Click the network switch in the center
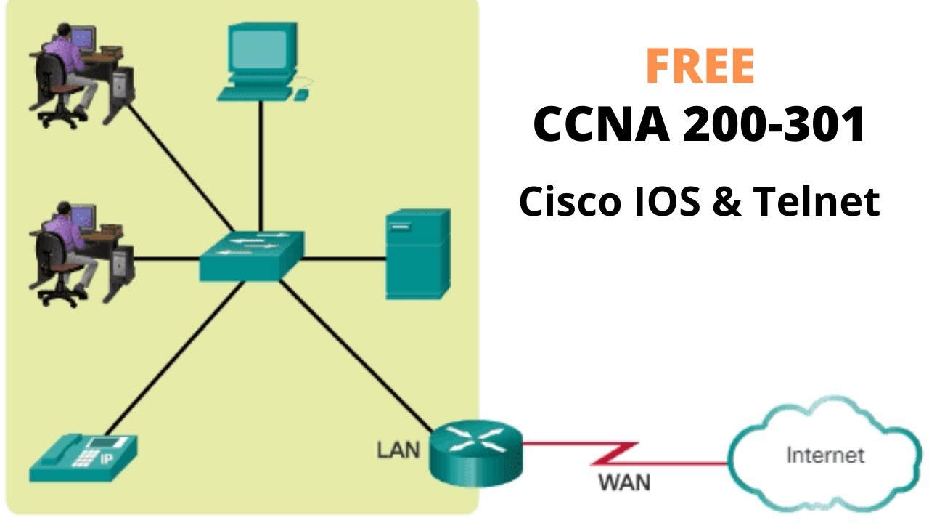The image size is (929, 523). pos(251,256)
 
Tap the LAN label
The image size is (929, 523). pos(398,450)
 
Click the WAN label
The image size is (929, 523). pos(624,481)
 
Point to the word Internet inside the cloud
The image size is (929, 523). pos(825,455)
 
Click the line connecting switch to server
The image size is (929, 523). pos(344,257)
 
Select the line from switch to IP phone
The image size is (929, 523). pos(174,360)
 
